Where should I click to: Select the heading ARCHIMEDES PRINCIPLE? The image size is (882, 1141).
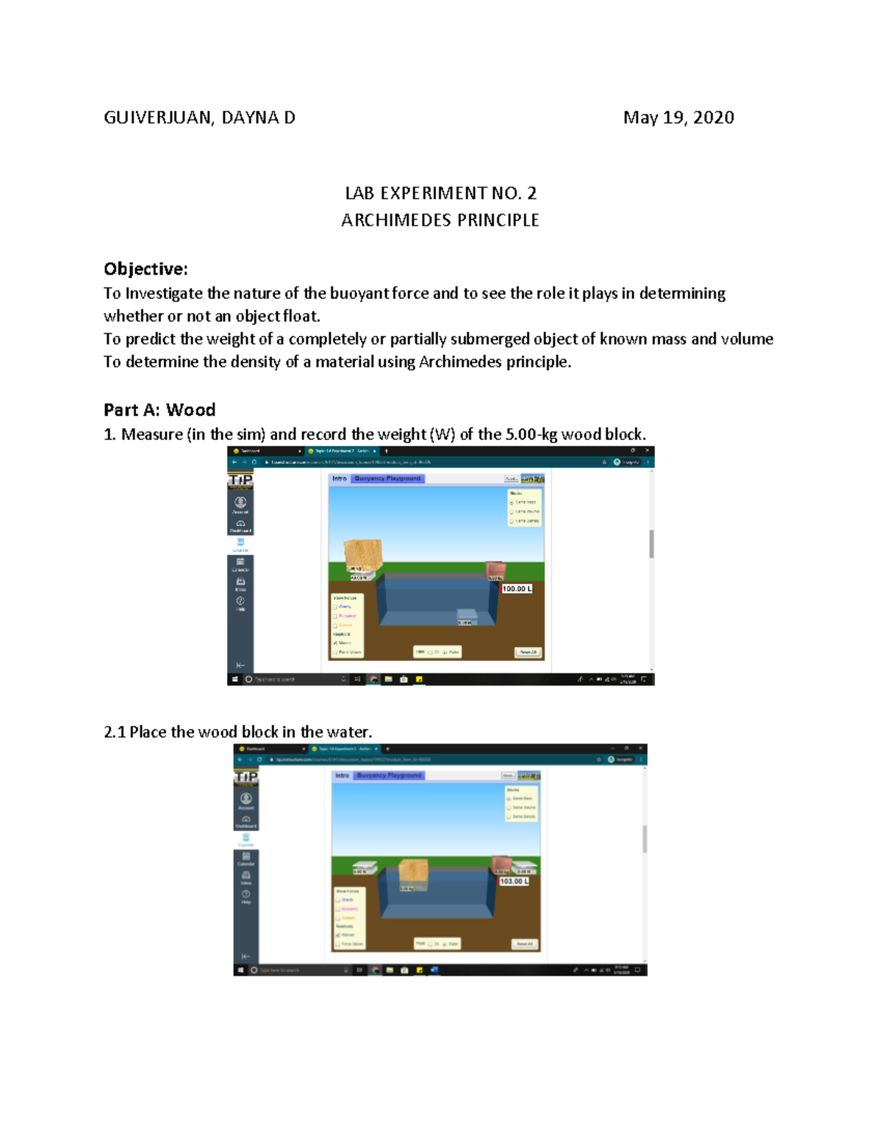click(440, 220)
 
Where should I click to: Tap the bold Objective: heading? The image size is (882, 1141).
click(146, 269)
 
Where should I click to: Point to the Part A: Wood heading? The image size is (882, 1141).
click(159, 410)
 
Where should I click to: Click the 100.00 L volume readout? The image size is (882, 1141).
click(517, 589)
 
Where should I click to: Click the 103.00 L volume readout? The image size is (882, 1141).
click(514, 881)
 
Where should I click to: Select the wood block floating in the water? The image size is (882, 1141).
click(413, 872)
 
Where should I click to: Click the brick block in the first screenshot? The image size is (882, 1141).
click(495, 570)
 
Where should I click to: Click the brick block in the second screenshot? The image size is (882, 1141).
click(501, 863)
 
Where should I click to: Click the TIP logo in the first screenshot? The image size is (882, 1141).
click(240, 480)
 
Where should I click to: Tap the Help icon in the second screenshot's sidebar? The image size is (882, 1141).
click(245, 896)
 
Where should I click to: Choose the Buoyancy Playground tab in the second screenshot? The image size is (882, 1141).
click(389, 775)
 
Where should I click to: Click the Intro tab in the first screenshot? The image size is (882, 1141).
click(339, 478)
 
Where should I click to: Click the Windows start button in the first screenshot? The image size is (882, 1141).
click(234, 680)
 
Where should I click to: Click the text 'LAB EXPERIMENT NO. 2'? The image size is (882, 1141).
click(440, 193)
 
